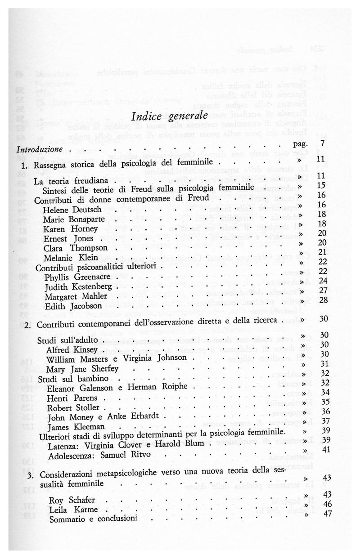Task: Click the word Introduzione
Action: (39, 148)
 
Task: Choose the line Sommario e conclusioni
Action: (87, 519)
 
